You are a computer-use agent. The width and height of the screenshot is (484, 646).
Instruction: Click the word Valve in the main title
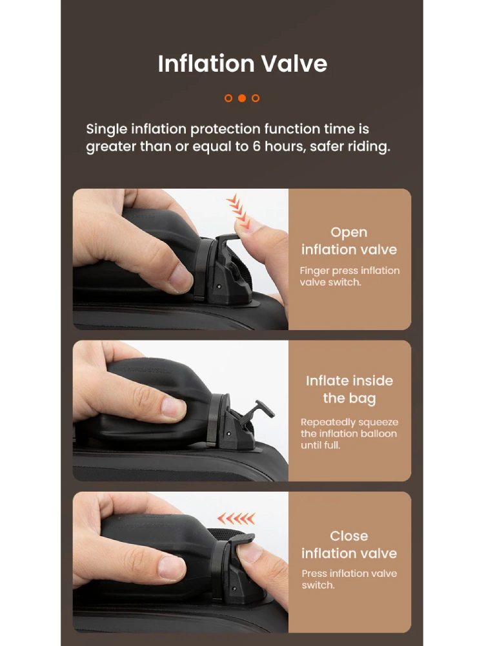[x=294, y=64]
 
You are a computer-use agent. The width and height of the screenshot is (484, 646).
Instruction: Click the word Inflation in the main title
[x=207, y=64]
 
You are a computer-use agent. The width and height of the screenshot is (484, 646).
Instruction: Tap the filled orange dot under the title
[x=242, y=98]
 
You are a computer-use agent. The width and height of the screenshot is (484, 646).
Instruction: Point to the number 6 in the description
[x=256, y=146]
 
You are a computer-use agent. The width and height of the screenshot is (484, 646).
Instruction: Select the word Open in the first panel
[x=349, y=233]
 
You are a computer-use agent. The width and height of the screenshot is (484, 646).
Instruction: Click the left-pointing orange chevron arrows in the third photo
[x=236, y=518]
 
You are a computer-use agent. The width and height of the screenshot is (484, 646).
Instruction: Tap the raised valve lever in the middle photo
[x=263, y=410]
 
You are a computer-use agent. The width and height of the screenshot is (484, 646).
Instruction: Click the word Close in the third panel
[x=349, y=536]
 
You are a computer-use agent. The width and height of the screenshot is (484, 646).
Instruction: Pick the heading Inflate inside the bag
[x=349, y=390]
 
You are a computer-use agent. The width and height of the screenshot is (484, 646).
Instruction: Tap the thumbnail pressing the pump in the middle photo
[x=173, y=407]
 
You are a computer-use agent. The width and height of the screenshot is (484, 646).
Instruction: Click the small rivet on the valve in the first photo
[x=219, y=286]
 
